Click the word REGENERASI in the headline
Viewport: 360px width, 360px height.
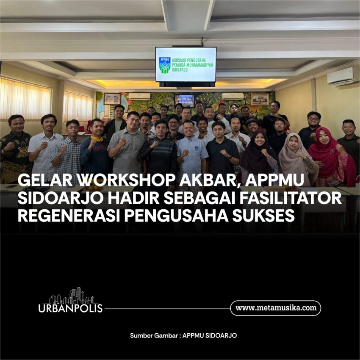tap(69, 216)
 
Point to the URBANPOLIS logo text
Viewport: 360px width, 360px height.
tap(70, 308)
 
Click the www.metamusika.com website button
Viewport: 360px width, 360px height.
tap(276, 308)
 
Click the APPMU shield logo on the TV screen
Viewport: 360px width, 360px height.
tap(165, 65)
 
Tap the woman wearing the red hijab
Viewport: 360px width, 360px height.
tap(330, 156)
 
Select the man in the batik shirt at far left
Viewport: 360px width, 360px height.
tap(15, 149)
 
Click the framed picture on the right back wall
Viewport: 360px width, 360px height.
tap(260, 99)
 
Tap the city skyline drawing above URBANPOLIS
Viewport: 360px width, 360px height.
tap(72, 296)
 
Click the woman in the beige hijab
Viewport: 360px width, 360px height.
tap(298, 158)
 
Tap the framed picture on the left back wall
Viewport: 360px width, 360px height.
tap(112, 99)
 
